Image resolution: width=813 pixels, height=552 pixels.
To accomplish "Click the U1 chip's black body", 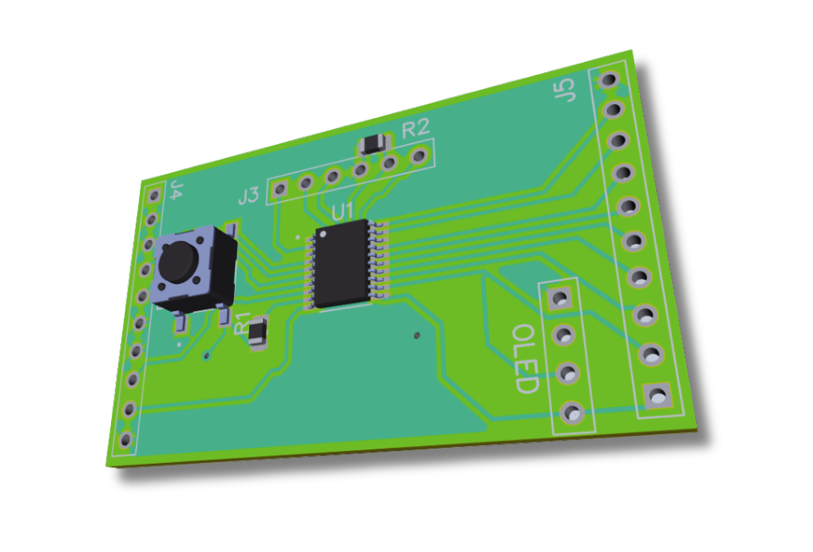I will pyautogui.click(x=342, y=265).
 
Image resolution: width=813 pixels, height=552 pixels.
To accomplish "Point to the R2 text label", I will pyautogui.click(x=415, y=129).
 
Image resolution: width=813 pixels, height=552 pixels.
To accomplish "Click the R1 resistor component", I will pyautogui.click(x=258, y=332).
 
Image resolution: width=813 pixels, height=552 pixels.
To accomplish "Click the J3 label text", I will pyautogui.click(x=248, y=197).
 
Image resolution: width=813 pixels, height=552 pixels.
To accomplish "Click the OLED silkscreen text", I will pyautogui.click(x=526, y=359).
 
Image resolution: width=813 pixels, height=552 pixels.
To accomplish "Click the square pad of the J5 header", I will pyautogui.click(x=657, y=394).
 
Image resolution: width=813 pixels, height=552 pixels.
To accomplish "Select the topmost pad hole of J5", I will pyautogui.click(x=608, y=80).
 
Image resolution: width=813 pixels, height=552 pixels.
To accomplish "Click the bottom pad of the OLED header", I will pyautogui.click(x=573, y=413).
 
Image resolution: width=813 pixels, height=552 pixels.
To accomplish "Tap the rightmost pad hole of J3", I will pyautogui.click(x=418, y=156).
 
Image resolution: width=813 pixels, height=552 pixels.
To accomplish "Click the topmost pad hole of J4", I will pyautogui.click(x=154, y=195).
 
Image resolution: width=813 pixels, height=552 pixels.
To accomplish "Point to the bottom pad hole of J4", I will pyautogui.click(x=125, y=439).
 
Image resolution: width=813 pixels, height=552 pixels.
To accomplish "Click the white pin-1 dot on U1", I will pyautogui.click(x=322, y=233).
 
